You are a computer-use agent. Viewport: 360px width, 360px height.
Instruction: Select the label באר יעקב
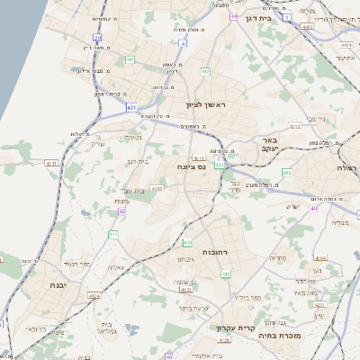pyautogui.click(x=272, y=145)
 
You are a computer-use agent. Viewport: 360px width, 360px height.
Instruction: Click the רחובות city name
pyautogui.click(x=219, y=252)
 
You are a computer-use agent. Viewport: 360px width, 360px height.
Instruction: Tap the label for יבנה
pyautogui.click(x=39, y=284)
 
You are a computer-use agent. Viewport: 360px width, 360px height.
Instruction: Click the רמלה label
pyautogui.click(x=347, y=169)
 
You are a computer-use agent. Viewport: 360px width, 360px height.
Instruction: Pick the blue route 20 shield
pyautogui.click(x=97, y=38)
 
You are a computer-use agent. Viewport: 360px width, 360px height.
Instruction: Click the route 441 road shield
pyautogui.click(x=130, y=59)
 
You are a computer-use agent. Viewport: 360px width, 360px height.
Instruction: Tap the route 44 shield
pyautogui.click(x=234, y=16)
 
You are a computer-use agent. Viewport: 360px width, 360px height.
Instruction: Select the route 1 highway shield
pyautogui.click(x=286, y=17)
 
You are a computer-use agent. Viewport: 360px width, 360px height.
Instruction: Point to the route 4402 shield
pyautogui.click(x=308, y=28)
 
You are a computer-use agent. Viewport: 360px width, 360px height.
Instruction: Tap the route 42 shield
pyautogui.click(x=122, y=211)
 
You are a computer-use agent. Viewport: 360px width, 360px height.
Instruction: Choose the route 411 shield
pyautogui.click(x=114, y=234)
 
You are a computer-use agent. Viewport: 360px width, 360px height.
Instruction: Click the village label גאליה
pyautogui.click(x=115, y=267)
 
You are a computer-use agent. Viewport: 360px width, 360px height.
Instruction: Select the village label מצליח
pyautogui.click(x=340, y=222)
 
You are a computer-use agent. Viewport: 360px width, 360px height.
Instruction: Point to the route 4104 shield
pyautogui.click(x=320, y=258)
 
